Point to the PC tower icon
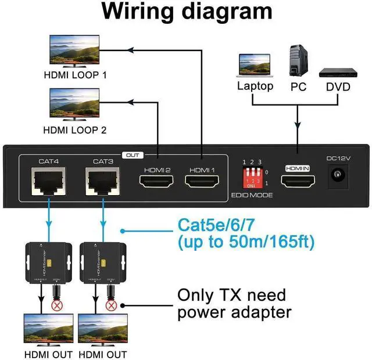[x=298, y=60]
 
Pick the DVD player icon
[x=337, y=73]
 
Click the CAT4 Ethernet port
[x=49, y=182]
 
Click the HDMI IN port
[x=298, y=182]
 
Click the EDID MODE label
[x=251, y=195]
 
